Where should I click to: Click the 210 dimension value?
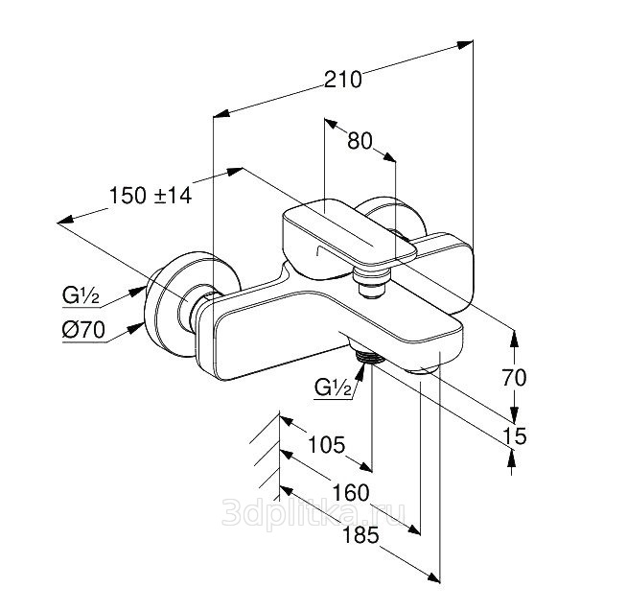click(343, 80)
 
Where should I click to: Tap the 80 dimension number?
click(359, 141)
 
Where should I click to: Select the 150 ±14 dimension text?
click(151, 195)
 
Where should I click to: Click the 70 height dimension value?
click(515, 378)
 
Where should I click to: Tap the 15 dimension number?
click(515, 436)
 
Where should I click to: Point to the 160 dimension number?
click(354, 493)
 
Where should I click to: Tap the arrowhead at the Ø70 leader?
click(142, 322)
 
